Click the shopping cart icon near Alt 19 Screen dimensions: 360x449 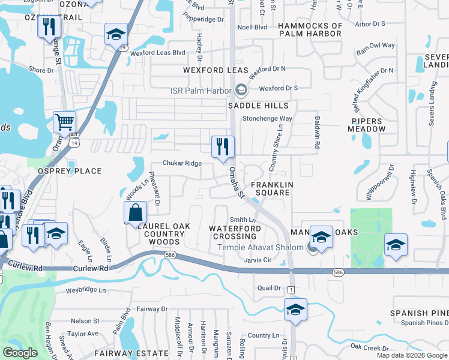[x=64, y=122]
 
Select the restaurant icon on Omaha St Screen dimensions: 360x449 [x=223, y=146]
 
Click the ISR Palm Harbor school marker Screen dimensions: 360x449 [x=241, y=91]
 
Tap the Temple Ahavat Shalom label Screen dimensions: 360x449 [x=261, y=248]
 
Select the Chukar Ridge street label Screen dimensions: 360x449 [x=182, y=163]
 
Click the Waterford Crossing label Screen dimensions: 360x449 [x=235, y=233]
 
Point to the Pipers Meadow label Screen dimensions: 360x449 [x=367, y=125]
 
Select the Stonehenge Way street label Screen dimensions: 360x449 [x=267, y=119]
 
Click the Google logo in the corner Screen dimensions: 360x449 [x=20, y=353]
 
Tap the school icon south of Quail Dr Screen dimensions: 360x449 [x=295, y=310]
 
